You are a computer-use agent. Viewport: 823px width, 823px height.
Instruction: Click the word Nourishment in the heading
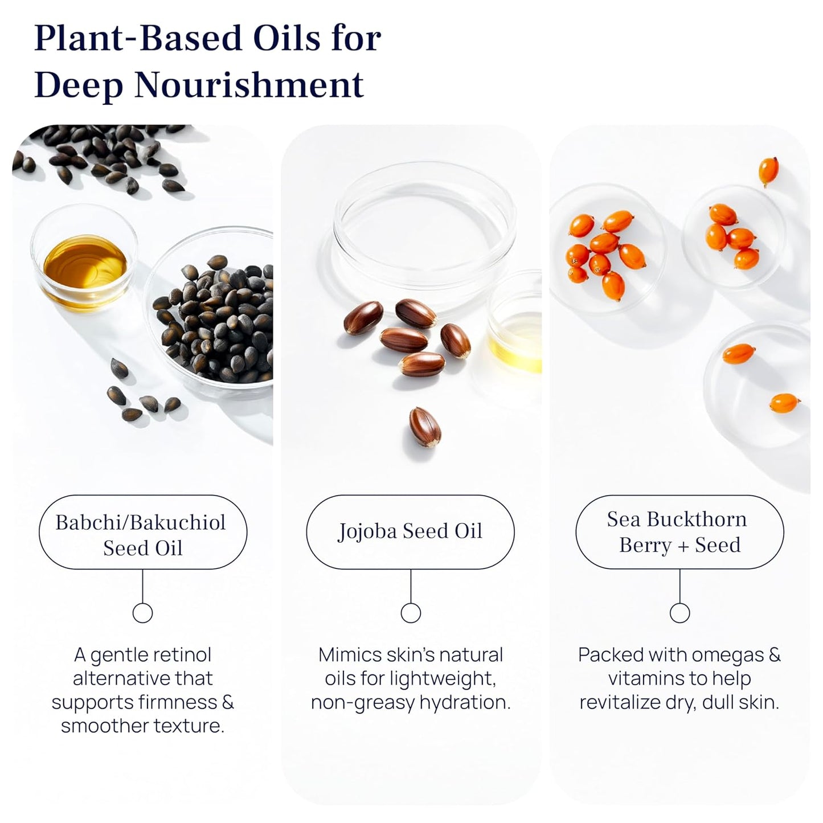click(249, 85)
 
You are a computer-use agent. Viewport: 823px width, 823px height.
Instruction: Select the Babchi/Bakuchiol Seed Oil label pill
click(142, 532)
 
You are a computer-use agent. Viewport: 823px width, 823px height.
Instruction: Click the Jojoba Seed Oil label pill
click(410, 532)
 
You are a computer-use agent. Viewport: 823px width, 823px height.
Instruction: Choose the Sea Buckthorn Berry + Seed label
click(679, 532)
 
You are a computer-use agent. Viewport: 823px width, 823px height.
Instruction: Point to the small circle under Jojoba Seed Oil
click(411, 613)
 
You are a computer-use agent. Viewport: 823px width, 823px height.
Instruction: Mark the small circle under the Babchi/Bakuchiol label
click(142, 613)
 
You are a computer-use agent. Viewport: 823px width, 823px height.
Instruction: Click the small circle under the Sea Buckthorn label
click(679, 613)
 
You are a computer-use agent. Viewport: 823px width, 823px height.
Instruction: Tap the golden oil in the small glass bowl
click(85, 264)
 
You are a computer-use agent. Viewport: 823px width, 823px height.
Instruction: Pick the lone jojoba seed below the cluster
click(425, 427)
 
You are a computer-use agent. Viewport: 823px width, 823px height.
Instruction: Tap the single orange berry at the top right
click(768, 170)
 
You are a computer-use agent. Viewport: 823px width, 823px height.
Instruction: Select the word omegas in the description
click(724, 655)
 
